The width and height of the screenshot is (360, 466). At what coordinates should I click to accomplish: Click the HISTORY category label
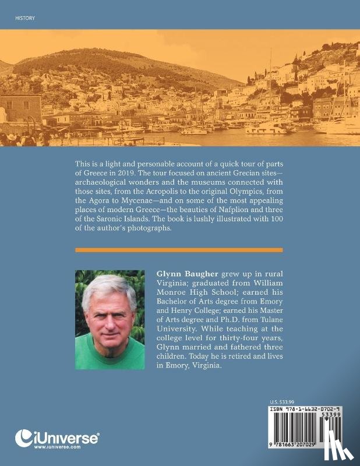tap(24, 18)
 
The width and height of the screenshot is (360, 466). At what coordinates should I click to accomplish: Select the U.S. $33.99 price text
tap(283, 402)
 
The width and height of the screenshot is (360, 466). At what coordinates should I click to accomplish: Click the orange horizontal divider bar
tap(179, 250)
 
